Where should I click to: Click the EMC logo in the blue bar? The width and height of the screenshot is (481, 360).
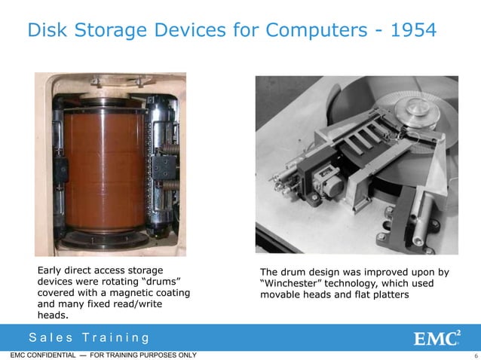point(437,337)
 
